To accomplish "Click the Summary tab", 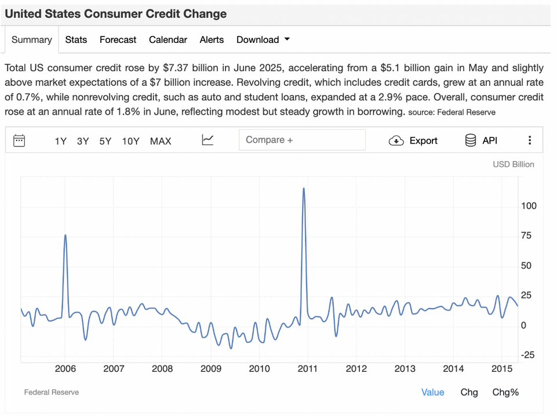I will (x=32, y=40).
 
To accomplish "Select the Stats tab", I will (x=76, y=40).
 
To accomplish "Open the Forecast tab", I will (x=118, y=40).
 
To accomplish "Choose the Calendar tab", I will (x=168, y=40).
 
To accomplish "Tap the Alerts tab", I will (x=212, y=40).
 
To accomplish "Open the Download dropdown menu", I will (x=263, y=40).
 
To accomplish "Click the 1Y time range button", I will (x=61, y=141).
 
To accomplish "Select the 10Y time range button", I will (x=130, y=141).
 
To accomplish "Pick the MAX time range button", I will (x=161, y=141).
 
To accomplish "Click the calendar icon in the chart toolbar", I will (x=19, y=140).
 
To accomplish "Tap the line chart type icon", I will (x=207, y=140).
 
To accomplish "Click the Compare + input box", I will (x=302, y=140).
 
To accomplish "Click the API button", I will (x=481, y=140).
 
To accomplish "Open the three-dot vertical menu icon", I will (x=530, y=140).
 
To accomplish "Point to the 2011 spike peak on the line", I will (x=304, y=188).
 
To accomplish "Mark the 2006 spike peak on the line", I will (x=65, y=235).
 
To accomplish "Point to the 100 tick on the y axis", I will (x=529, y=206).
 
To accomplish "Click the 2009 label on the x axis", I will (x=211, y=369).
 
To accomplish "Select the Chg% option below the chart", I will (x=505, y=392).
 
